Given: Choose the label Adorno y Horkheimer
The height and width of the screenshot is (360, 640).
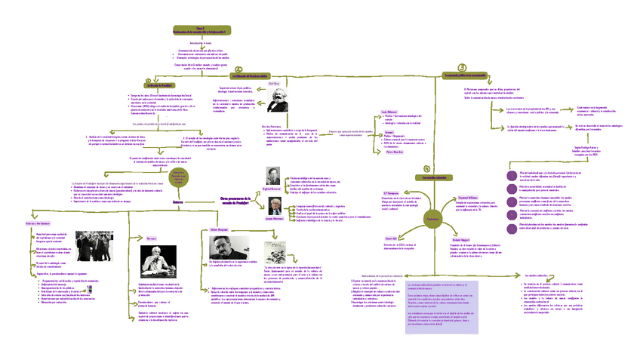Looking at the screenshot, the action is click(x=38, y=224).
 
